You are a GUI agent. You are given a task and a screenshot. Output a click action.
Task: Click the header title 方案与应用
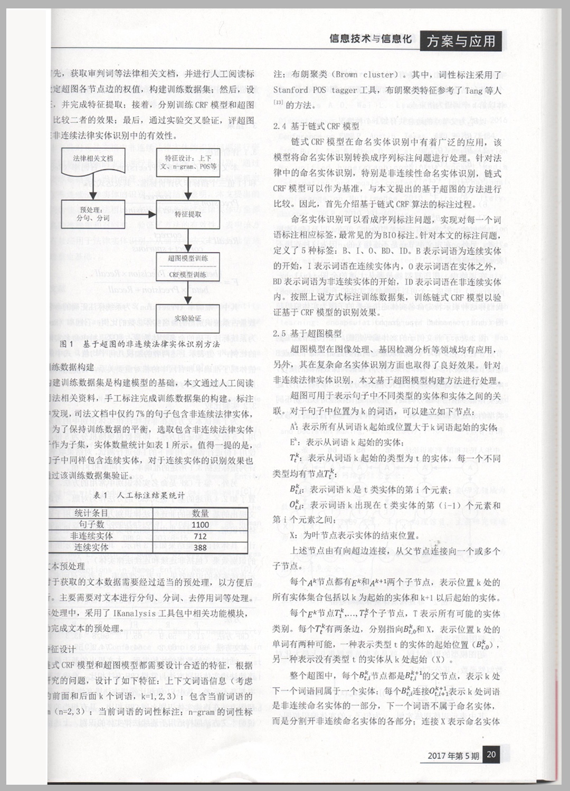click(x=461, y=41)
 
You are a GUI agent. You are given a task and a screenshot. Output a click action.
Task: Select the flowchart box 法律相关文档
click(x=93, y=159)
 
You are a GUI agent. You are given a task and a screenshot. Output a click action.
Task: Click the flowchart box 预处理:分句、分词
click(x=93, y=214)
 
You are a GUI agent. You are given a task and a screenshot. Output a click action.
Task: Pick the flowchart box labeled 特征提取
click(x=188, y=215)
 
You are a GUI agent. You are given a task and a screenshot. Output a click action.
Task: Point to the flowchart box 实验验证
click(x=188, y=319)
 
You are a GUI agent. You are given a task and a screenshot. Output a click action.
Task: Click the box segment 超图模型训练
click(x=188, y=258)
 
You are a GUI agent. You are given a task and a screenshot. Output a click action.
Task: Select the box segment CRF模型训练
click(x=188, y=275)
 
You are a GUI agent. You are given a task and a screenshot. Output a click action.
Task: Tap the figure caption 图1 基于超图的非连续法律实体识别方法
click(x=140, y=344)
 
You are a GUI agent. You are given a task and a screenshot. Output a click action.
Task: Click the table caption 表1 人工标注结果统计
click(x=139, y=495)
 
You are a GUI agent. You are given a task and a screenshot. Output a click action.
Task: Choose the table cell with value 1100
click(x=200, y=525)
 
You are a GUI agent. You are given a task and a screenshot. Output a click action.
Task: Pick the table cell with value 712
click(x=200, y=536)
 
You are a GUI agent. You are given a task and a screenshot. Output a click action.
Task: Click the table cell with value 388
click(x=200, y=548)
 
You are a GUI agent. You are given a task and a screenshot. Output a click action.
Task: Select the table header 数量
click(x=200, y=513)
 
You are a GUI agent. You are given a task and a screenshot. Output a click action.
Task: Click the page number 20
click(x=491, y=754)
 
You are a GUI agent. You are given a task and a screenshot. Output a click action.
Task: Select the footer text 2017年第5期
click(x=453, y=756)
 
